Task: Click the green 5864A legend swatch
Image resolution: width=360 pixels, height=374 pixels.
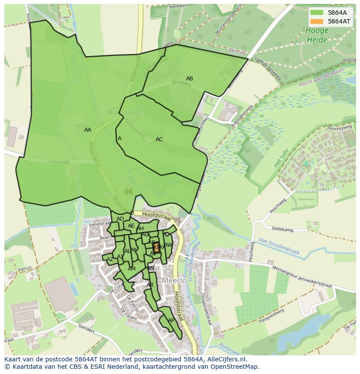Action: [317, 12]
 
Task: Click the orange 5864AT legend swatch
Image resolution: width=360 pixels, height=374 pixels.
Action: [317, 21]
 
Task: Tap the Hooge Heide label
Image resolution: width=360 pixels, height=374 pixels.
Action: [317, 35]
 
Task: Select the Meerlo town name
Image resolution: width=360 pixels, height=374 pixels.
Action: [174, 281]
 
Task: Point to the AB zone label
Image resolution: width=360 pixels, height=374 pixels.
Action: [190, 79]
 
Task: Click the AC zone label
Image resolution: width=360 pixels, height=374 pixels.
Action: [159, 139]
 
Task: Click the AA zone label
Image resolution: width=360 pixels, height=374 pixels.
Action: [88, 130]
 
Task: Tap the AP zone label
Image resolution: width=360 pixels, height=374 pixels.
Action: [171, 321]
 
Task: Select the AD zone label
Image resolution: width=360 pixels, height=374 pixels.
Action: [120, 219]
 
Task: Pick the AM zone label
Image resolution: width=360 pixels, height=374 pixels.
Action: [132, 269]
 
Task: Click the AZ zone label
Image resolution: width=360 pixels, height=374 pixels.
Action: [110, 259]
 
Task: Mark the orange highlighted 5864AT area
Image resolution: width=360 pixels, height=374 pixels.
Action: [157, 248]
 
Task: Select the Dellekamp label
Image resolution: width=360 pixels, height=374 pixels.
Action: [283, 229]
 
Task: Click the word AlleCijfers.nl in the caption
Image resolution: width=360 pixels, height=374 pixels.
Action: [225, 359]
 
